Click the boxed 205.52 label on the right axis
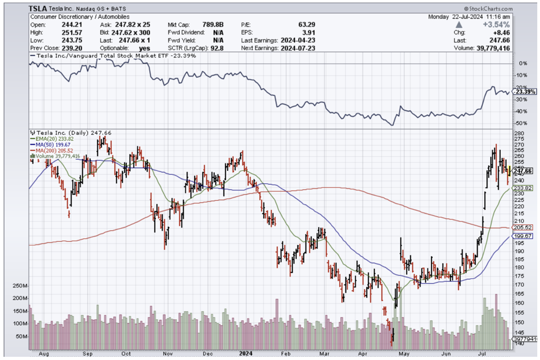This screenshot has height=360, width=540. tap(523, 227)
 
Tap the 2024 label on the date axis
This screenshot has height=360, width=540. tap(246, 353)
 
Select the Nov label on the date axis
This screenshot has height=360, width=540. tap(168, 353)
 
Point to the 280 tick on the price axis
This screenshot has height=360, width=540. tap(519, 133)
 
